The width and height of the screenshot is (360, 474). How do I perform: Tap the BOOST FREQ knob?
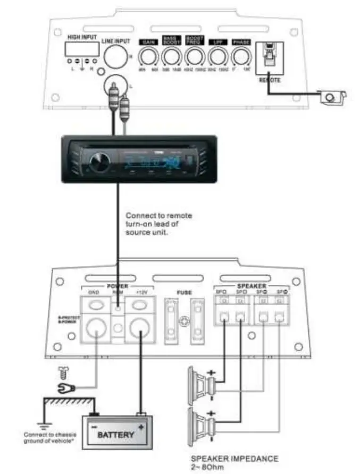[x=195, y=56]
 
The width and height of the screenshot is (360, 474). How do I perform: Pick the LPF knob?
[x=217, y=56]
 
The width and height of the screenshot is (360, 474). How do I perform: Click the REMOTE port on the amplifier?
[x=270, y=57]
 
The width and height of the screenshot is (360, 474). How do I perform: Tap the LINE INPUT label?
[x=115, y=41]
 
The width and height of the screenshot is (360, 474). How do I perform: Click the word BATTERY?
[x=116, y=434]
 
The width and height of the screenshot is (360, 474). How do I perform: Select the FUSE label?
[x=183, y=292]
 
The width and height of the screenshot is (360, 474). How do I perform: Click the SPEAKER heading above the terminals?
[x=251, y=286]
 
